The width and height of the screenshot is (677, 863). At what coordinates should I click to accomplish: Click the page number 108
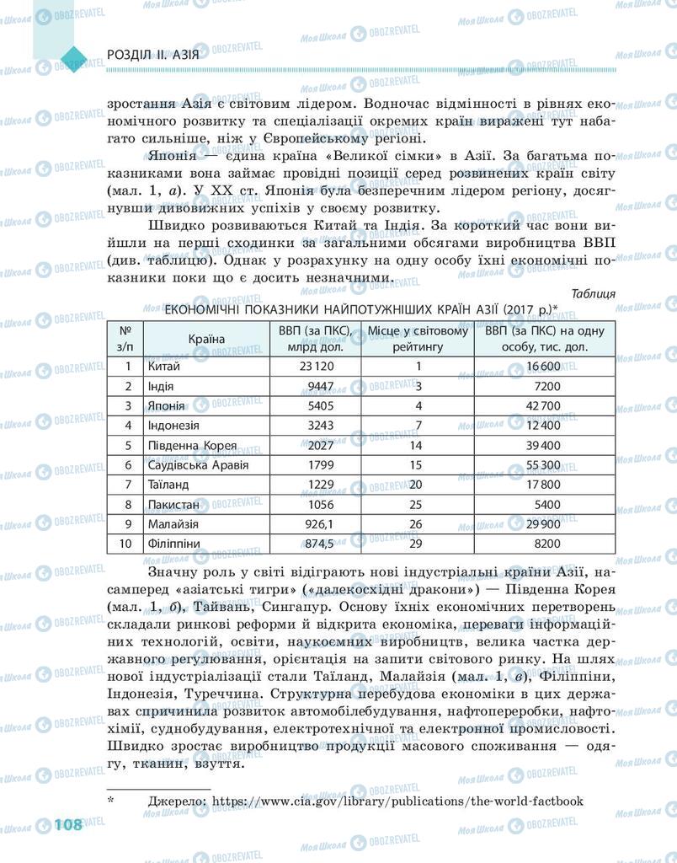[x=68, y=823]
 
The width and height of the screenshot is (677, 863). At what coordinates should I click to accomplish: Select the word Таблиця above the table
[x=593, y=293]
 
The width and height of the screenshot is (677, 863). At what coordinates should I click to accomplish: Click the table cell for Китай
[x=164, y=366]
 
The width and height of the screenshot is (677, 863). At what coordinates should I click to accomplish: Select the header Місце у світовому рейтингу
[x=418, y=338]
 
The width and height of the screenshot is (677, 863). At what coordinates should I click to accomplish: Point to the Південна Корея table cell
[x=192, y=445]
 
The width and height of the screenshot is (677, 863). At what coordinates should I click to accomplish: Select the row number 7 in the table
[x=128, y=485]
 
